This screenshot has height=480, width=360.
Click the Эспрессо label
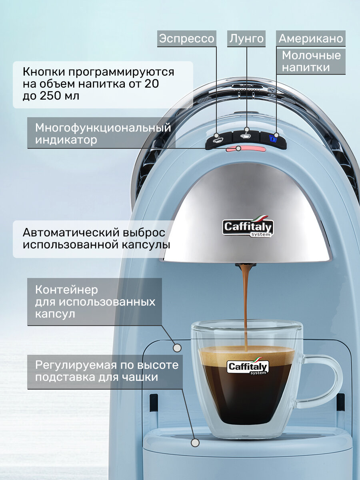pyautogui.click(x=187, y=39)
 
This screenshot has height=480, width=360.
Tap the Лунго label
pyautogui.click(x=246, y=39)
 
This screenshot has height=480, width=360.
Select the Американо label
pyautogui.click(x=311, y=39)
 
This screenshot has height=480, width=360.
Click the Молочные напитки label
pyautogui.click(x=311, y=61)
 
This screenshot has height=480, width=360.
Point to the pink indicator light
pyautogui.click(x=246, y=149)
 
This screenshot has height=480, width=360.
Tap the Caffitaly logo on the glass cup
pyautogui.click(x=248, y=366)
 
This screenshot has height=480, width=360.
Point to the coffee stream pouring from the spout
pyautogui.click(x=246, y=304)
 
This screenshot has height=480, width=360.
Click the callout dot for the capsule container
pyautogui.click(x=177, y=348)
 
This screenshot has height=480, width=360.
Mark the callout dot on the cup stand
pyautogui.click(x=195, y=442)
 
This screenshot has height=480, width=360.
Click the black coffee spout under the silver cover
pyautogui.click(x=246, y=266)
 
